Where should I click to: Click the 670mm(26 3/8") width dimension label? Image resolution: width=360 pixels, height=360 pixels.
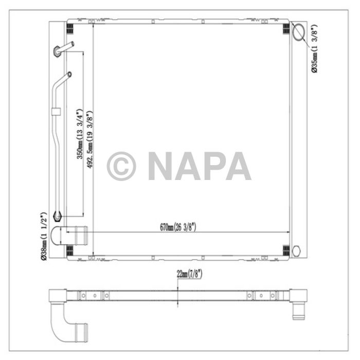[178, 227]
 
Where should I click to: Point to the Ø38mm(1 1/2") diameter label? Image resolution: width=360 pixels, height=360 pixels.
[45, 236]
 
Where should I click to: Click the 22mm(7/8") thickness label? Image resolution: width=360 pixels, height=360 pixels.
[189, 274]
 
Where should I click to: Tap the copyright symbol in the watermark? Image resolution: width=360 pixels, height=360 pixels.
[121, 166]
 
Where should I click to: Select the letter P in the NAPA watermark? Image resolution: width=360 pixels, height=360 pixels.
[211, 166]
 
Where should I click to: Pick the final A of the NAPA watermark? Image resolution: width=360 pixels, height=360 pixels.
[237, 166]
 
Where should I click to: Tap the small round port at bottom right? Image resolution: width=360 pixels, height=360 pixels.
[295, 250]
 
